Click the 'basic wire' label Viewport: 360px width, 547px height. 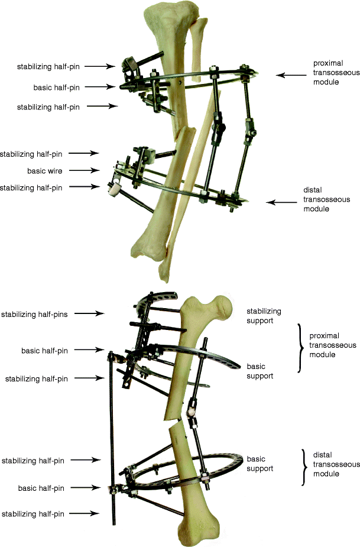[45, 171]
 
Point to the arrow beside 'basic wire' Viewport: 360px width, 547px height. [86, 171]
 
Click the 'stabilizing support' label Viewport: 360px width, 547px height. [264, 316]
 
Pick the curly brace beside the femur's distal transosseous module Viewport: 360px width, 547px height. [304, 467]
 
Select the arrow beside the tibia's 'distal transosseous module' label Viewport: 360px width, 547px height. [280, 202]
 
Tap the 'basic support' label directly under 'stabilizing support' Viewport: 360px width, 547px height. [260, 370]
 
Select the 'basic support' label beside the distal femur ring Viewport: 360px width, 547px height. [260, 464]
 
